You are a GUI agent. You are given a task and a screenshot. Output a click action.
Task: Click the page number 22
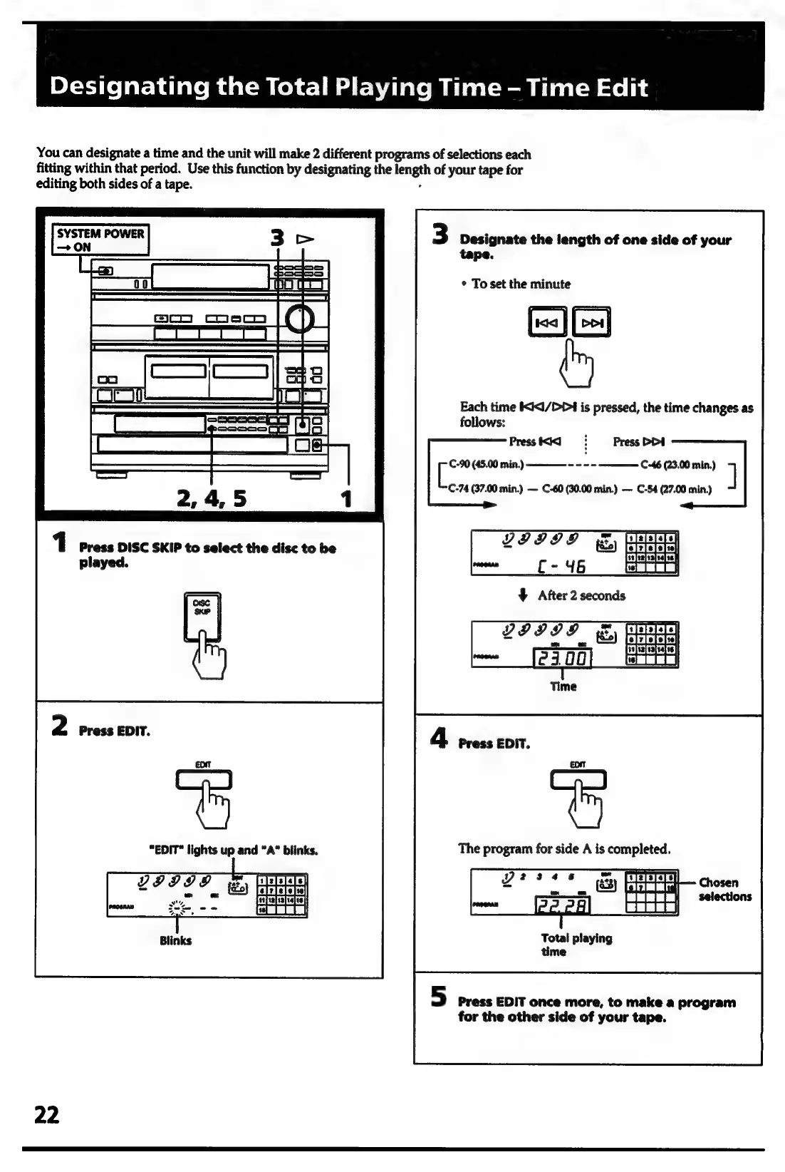[x=47, y=1114]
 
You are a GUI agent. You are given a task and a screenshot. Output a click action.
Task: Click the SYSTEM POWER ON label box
[x=100, y=240]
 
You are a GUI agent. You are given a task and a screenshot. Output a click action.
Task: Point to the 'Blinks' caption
[x=175, y=940]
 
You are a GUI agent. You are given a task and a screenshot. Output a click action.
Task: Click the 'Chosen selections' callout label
[x=724, y=889]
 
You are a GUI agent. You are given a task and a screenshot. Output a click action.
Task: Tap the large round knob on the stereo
[x=300, y=321]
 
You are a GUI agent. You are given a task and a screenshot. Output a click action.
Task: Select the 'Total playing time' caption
[x=576, y=945]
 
